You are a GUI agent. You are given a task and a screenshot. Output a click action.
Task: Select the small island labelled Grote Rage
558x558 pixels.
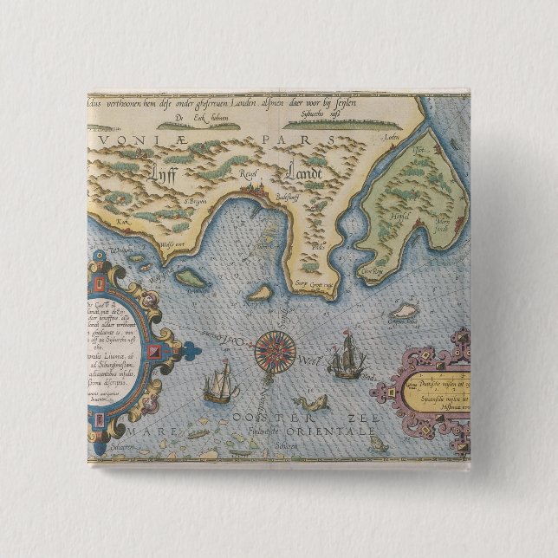(x=400, y=309)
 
